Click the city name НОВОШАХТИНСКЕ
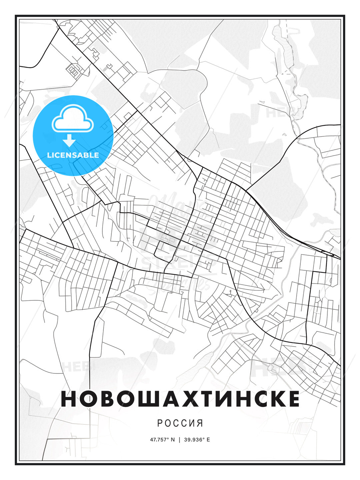pyautogui.click(x=180, y=399)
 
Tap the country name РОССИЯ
pyautogui.click(x=180, y=423)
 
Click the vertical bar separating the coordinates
pyautogui.click(x=180, y=439)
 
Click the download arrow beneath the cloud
pyautogui.click(x=69, y=141)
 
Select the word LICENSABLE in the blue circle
pyautogui.click(x=73, y=155)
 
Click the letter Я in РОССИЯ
pyautogui.click(x=200, y=423)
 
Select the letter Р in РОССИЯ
pyautogui.click(x=160, y=423)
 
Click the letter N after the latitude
pyautogui.click(x=173, y=439)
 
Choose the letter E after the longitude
pyautogui.click(x=208, y=439)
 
